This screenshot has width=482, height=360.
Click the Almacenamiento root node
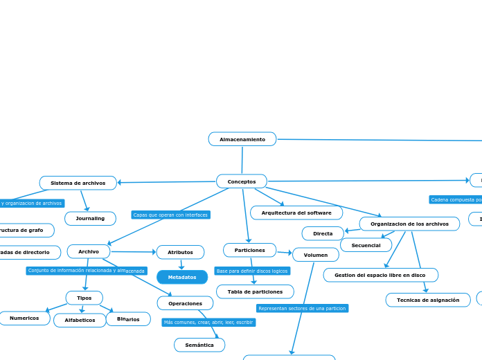pos(242,139)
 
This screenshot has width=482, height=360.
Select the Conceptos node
pos(242,181)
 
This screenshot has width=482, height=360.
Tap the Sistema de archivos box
pos(78,183)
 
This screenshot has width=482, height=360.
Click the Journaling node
pos(90,219)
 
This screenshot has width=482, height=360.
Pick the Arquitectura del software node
pos(296,213)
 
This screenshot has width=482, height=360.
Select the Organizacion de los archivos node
pos(409,224)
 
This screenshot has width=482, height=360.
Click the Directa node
pos(323,233)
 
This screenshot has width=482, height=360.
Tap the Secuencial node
pos(366,245)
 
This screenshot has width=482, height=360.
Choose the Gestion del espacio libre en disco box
pos(380,275)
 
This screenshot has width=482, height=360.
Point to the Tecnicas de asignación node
pos(428,300)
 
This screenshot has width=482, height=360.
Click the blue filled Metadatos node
pos(182,278)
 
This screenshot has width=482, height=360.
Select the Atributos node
pos(180,252)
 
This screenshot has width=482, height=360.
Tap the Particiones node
pos(249,250)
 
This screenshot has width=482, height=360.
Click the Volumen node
pos(316,255)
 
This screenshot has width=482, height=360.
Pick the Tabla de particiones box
pos(255,291)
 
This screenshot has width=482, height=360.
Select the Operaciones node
pos(185,303)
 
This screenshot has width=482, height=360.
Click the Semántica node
pos(199,345)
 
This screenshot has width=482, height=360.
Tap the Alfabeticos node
pos(80,320)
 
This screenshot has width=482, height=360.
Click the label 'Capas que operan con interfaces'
pos(170,215)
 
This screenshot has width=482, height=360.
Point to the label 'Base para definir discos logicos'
pos(252,271)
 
